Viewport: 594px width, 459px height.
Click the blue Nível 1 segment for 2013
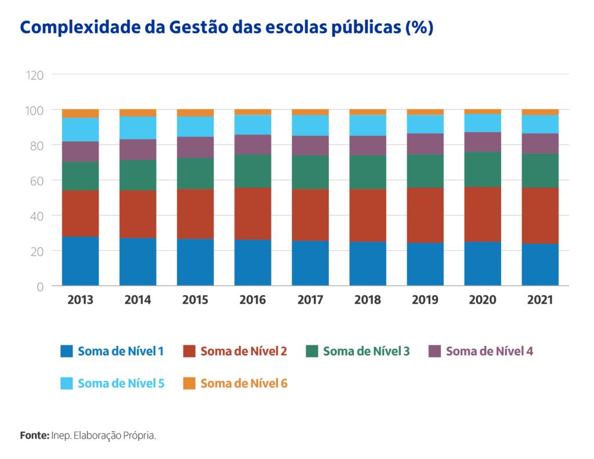click(80, 261)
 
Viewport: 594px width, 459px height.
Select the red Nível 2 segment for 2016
click(252, 214)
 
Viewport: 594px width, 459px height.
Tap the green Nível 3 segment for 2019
click(425, 171)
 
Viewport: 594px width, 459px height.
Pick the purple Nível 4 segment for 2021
click(540, 143)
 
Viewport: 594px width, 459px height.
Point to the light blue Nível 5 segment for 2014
click(137, 128)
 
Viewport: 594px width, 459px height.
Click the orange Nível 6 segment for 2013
click(80, 113)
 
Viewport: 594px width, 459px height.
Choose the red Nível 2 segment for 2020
click(483, 214)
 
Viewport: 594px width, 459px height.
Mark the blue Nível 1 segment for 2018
click(368, 263)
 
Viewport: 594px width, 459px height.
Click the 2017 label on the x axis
click(310, 300)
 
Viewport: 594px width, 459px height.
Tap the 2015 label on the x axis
click(195, 300)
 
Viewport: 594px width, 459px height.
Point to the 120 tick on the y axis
click(35, 75)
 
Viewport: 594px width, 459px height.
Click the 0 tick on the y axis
click(41, 286)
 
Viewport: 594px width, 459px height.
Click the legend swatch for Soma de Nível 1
click(67, 351)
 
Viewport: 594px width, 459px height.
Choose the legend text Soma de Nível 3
click(366, 351)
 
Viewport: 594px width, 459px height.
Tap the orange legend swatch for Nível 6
click(189, 384)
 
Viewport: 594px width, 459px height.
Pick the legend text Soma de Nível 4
click(490, 351)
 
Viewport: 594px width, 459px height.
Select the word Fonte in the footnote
click(34, 435)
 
